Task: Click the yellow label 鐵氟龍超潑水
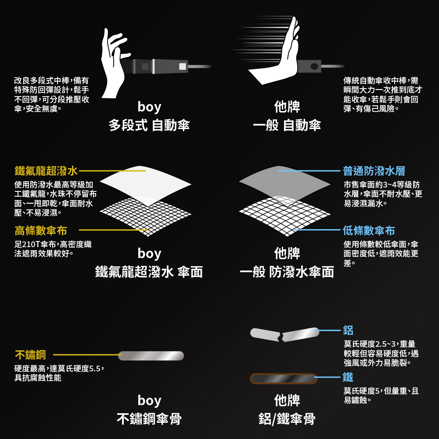pyautogui.click(x=46, y=171)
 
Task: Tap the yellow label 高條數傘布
pyautogui.click(x=41, y=231)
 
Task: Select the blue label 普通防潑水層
pyautogui.click(x=374, y=171)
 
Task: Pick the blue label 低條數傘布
pyautogui.click(x=369, y=231)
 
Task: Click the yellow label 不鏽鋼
pyautogui.click(x=30, y=355)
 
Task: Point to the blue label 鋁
pyautogui.click(x=348, y=331)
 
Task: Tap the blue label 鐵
pyautogui.click(x=348, y=377)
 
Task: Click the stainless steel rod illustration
pyautogui.click(x=151, y=356)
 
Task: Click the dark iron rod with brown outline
pyautogui.click(x=284, y=379)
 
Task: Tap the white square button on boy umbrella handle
pyautogui.click(x=183, y=66)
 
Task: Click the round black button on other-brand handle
pyautogui.click(x=314, y=66)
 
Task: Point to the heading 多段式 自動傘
pyautogui.click(x=149, y=125)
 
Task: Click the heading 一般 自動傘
pyautogui.click(x=287, y=125)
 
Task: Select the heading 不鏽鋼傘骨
pyautogui.click(x=149, y=419)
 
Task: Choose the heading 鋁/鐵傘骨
pyautogui.click(x=287, y=419)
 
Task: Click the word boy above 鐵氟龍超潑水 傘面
pyautogui.click(x=149, y=254)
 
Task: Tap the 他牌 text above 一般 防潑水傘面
pyautogui.click(x=287, y=253)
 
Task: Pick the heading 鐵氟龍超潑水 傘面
pyautogui.click(x=149, y=272)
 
